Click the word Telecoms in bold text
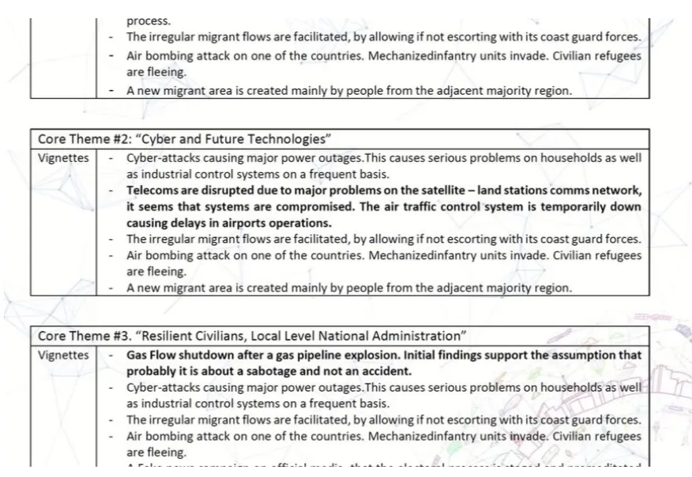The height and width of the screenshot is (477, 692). tap(153, 190)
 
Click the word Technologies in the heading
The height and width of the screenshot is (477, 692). tap(289, 139)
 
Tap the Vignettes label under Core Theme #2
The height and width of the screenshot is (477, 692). tap(63, 158)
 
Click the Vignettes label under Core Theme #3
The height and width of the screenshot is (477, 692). tap(63, 355)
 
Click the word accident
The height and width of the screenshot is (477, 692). tap(385, 371)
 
